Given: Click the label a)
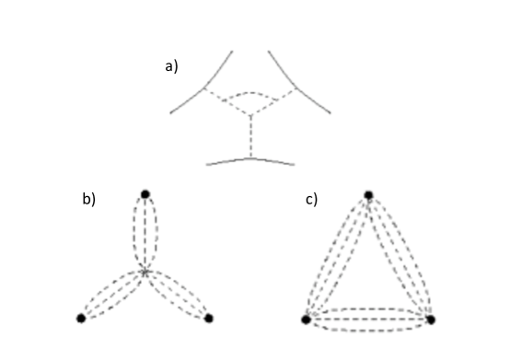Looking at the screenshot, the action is click(x=171, y=66).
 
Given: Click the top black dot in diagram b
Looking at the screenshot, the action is click(x=145, y=193).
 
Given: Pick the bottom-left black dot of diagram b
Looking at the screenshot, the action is click(x=81, y=319).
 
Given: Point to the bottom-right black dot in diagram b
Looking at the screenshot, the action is click(x=209, y=319).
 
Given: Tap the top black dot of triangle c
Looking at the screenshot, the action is click(x=368, y=195).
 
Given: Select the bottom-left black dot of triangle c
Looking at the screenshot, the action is click(x=307, y=319).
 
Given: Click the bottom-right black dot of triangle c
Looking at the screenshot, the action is click(x=430, y=319).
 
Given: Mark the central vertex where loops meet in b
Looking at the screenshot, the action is click(x=145, y=272).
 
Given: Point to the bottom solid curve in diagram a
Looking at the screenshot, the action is click(x=250, y=161).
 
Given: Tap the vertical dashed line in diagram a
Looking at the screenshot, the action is click(x=250, y=136).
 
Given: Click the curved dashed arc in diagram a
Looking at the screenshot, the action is click(x=250, y=93).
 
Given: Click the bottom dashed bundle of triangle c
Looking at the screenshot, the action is click(x=368, y=319).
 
